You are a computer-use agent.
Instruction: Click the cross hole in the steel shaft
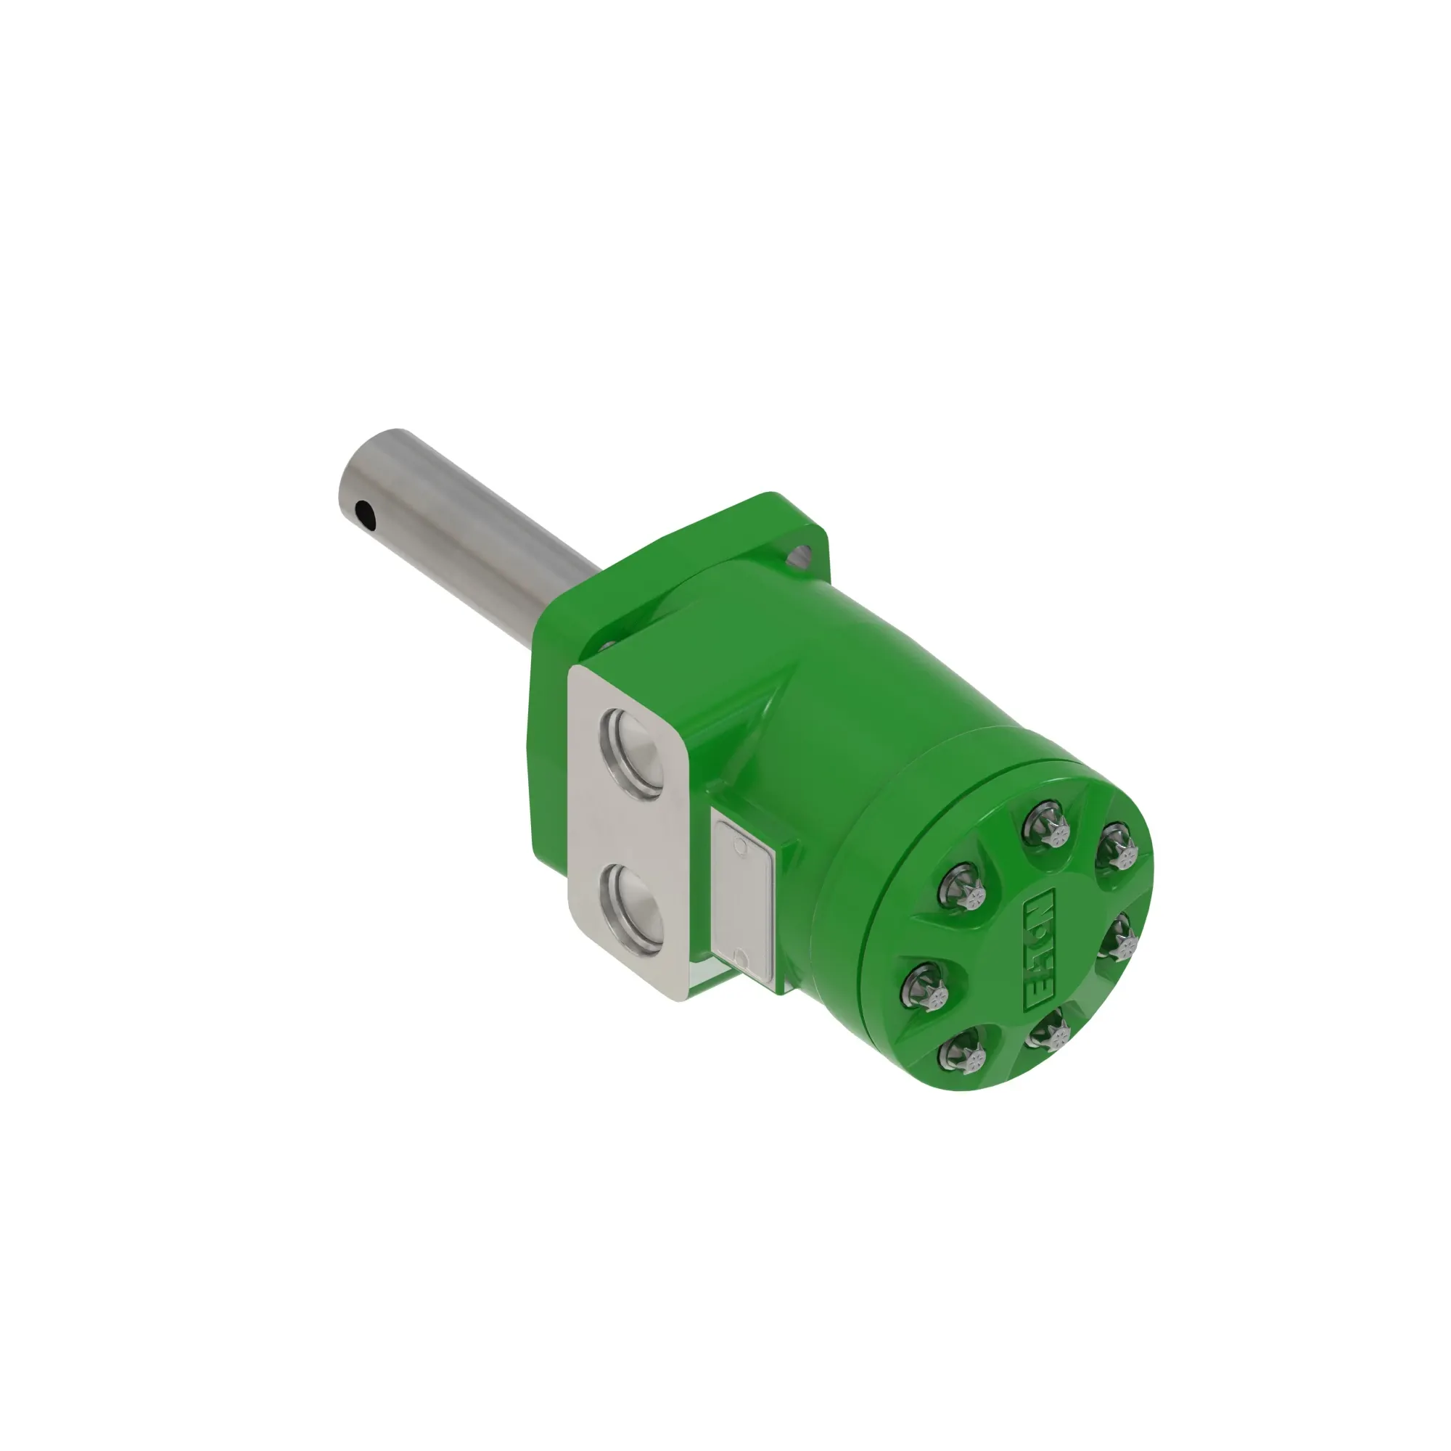[364, 514]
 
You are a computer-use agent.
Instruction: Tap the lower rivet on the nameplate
[740, 960]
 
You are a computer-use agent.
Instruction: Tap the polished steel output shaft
[466, 548]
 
